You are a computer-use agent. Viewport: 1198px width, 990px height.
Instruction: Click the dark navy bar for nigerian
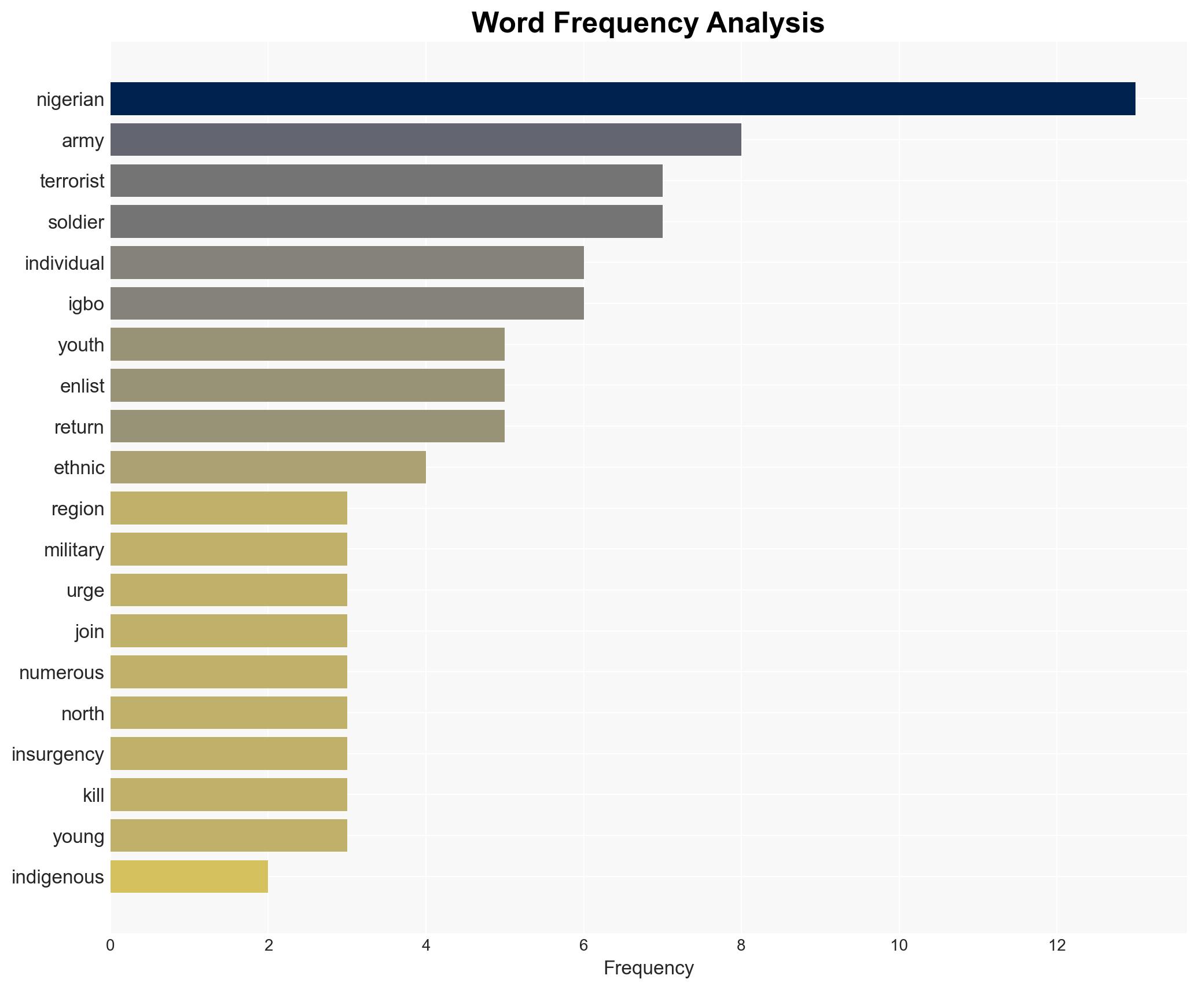click(622, 99)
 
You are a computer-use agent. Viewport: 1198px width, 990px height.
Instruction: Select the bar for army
click(425, 140)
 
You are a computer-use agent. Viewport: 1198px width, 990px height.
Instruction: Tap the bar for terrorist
click(386, 181)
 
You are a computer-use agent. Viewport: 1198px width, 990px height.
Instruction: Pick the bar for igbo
click(347, 303)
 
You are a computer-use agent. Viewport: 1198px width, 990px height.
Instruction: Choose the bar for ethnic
click(268, 467)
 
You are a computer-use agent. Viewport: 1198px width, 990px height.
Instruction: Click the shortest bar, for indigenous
click(189, 877)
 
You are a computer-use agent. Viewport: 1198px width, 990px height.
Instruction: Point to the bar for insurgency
click(229, 754)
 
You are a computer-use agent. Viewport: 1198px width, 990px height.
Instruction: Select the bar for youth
click(307, 344)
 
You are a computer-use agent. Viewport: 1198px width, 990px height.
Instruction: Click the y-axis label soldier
click(76, 222)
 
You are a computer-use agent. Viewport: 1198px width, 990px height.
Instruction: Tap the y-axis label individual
click(64, 263)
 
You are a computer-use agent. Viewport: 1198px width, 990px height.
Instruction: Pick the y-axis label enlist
click(82, 386)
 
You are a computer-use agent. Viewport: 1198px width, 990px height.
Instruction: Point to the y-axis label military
click(74, 550)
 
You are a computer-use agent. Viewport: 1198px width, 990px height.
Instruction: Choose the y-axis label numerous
click(61, 673)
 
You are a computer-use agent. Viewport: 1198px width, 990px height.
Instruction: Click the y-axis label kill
click(93, 795)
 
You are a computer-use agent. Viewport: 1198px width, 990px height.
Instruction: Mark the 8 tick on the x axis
click(741, 945)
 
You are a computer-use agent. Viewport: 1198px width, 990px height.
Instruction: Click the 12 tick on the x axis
click(1057, 945)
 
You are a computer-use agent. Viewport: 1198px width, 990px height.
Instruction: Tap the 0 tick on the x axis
click(111, 945)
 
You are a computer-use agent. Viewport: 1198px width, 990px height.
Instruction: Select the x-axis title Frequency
click(648, 968)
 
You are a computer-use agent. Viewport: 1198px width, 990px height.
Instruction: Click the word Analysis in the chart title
click(765, 23)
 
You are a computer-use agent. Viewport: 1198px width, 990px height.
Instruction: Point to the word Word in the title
click(508, 23)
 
